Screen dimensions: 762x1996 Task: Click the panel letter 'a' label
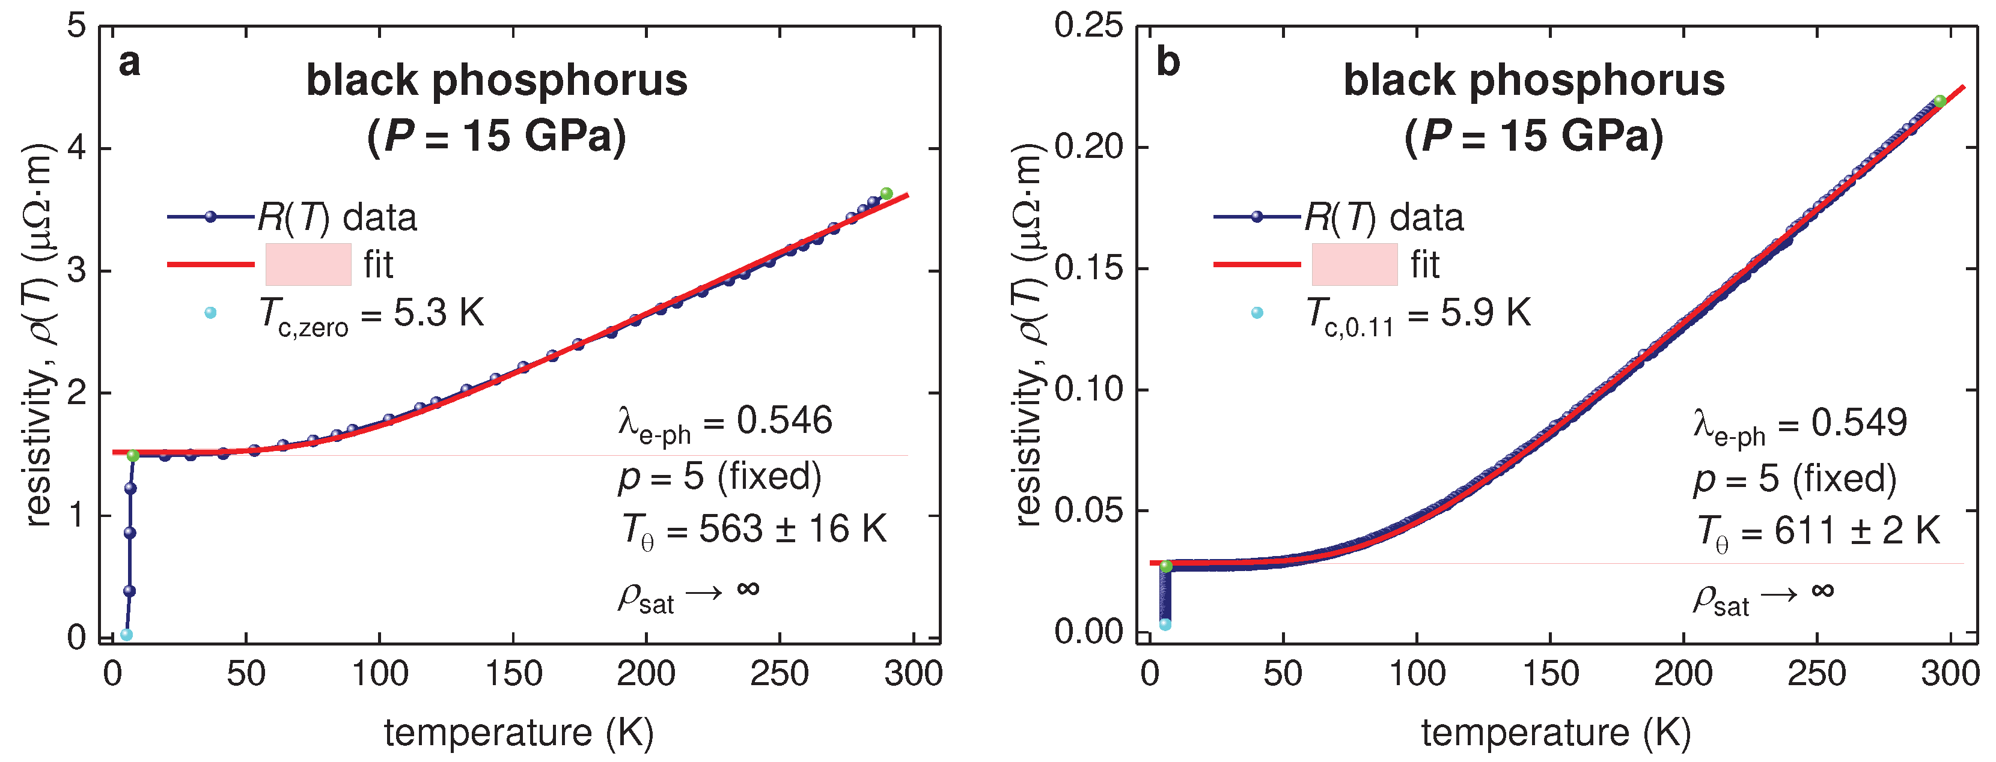pyautogui.click(x=129, y=62)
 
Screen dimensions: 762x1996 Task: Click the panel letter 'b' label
pyautogui.click(x=1167, y=62)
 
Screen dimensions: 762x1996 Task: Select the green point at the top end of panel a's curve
pyautogui.click(x=887, y=193)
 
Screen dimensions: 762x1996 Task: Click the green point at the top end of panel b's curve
pyautogui.click(x=1940, y=101)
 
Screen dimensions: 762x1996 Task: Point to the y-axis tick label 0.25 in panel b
pyautogui.click(x=1088, y=26)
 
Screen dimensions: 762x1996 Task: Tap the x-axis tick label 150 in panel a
pyautogui.click(x=513, y=674)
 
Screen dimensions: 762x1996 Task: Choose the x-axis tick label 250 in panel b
pyautogui.click(x=1816, y=674)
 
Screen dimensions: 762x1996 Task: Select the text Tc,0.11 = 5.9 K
pyautogui.click(x=1418, y=316)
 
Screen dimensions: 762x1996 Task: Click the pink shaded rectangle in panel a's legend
pyautogui.click(x=308, y=264)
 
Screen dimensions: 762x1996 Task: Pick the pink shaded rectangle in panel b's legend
pyautogui.click(x=1355, y=264)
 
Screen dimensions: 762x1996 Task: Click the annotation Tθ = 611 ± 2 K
pyautogui.click(x=1817, y=533)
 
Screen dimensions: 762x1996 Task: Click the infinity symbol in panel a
pyautogui.click(x=748, y=589)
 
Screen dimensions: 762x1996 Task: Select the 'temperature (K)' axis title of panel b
pyautogui.click(x=1556, y=732)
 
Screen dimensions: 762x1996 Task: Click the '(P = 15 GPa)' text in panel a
pyautogui.click(x=496, y=136)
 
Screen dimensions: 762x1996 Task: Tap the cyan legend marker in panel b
pyautogui.click(x=1257, y=313)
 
